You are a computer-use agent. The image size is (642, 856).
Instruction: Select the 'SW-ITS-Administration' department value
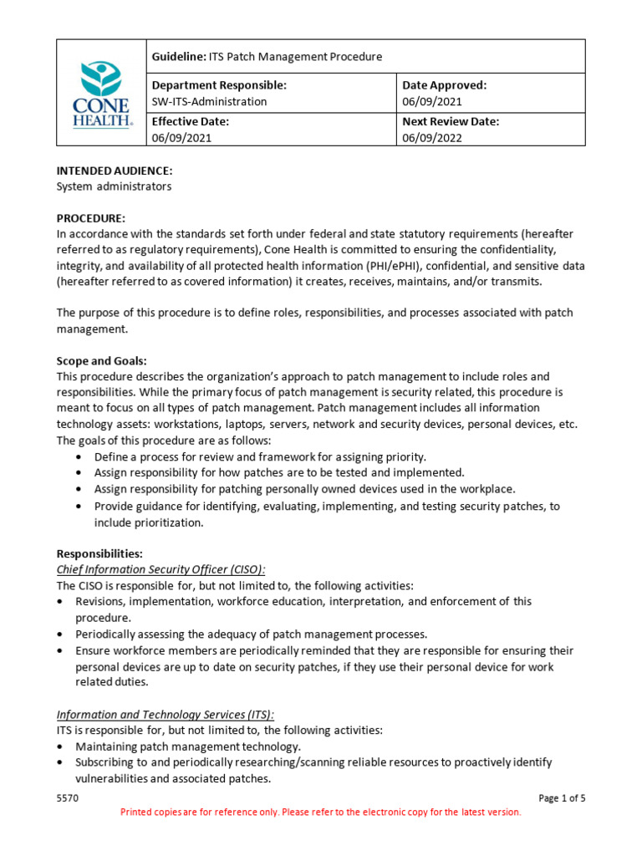pos(210,102)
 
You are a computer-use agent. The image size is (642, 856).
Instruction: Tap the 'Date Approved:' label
pos(445,85)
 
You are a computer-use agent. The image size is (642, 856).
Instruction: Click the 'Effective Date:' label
pos(191,121)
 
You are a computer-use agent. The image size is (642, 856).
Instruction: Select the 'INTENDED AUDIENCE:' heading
pos(115,171)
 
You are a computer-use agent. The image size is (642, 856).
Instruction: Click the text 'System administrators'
pos(114,186)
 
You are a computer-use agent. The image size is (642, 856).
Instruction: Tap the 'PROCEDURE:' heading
pos(91,218)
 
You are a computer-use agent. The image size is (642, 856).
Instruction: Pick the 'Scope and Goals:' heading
pos(101,361)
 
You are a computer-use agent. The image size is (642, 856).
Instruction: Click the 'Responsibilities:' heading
pos(99,553)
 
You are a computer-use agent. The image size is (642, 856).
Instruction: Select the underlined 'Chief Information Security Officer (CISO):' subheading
pos(160,569)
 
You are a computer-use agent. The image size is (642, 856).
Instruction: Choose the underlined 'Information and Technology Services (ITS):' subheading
pos(166,715)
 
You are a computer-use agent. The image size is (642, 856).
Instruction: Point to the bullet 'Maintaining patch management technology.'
pos(188,746)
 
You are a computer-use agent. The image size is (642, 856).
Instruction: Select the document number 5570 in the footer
pos(68,798)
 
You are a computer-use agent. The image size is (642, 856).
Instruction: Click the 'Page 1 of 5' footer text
pos(562,798)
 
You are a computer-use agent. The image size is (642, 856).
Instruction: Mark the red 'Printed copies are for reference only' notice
pos(321,812)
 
